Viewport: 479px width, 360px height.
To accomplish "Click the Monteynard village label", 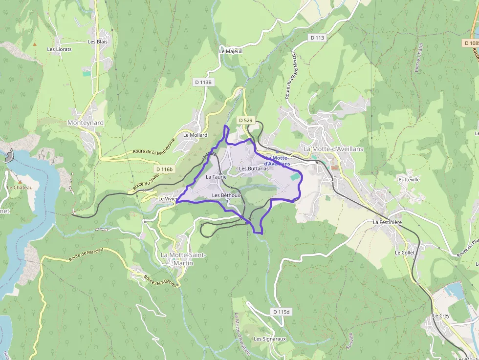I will pyautogui.click(x=86, y=123).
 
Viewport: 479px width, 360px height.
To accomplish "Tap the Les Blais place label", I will pyautogui.click(x=97, y=42).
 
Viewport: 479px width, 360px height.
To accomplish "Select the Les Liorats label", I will pyautogui.click(x=59, y=49).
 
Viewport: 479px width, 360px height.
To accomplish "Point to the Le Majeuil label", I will pyautogui.click(x=231, y=51).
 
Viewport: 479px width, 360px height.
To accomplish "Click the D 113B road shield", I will pyautogui.click(x=203, y=82).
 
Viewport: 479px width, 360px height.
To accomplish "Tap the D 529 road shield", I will pyautogui.click(x=245, y=120).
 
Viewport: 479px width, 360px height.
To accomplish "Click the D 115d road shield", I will pyautogui.click(x=281, y=312).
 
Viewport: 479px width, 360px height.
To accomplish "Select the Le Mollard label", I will pyautogui.click(x=195, y=135).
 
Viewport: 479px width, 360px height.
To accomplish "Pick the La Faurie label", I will pyautogui.click(x=216, y=177).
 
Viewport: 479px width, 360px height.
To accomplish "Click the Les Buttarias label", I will pyautogui.click(x=254, y=169).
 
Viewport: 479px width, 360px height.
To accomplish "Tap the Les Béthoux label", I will pyautogui.click(x=226, y=195).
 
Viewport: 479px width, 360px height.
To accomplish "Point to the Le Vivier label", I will pyautogui.click(x=167, y=199).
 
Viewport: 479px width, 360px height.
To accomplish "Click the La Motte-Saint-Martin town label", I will pyautogui.click(x=183, y=259).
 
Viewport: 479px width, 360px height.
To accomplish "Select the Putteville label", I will pyautogui.click(x=409, y=180).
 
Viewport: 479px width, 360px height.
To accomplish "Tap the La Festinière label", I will pyautogui.click(x=387, y=222).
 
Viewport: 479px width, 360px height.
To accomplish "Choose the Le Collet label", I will pyautogui.click(x=405, y=253).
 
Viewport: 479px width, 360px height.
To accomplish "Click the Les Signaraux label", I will pyautogui.click(x=269, y=339).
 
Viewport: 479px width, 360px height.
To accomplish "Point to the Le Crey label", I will pyautogui.click(x=441, y=316).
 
